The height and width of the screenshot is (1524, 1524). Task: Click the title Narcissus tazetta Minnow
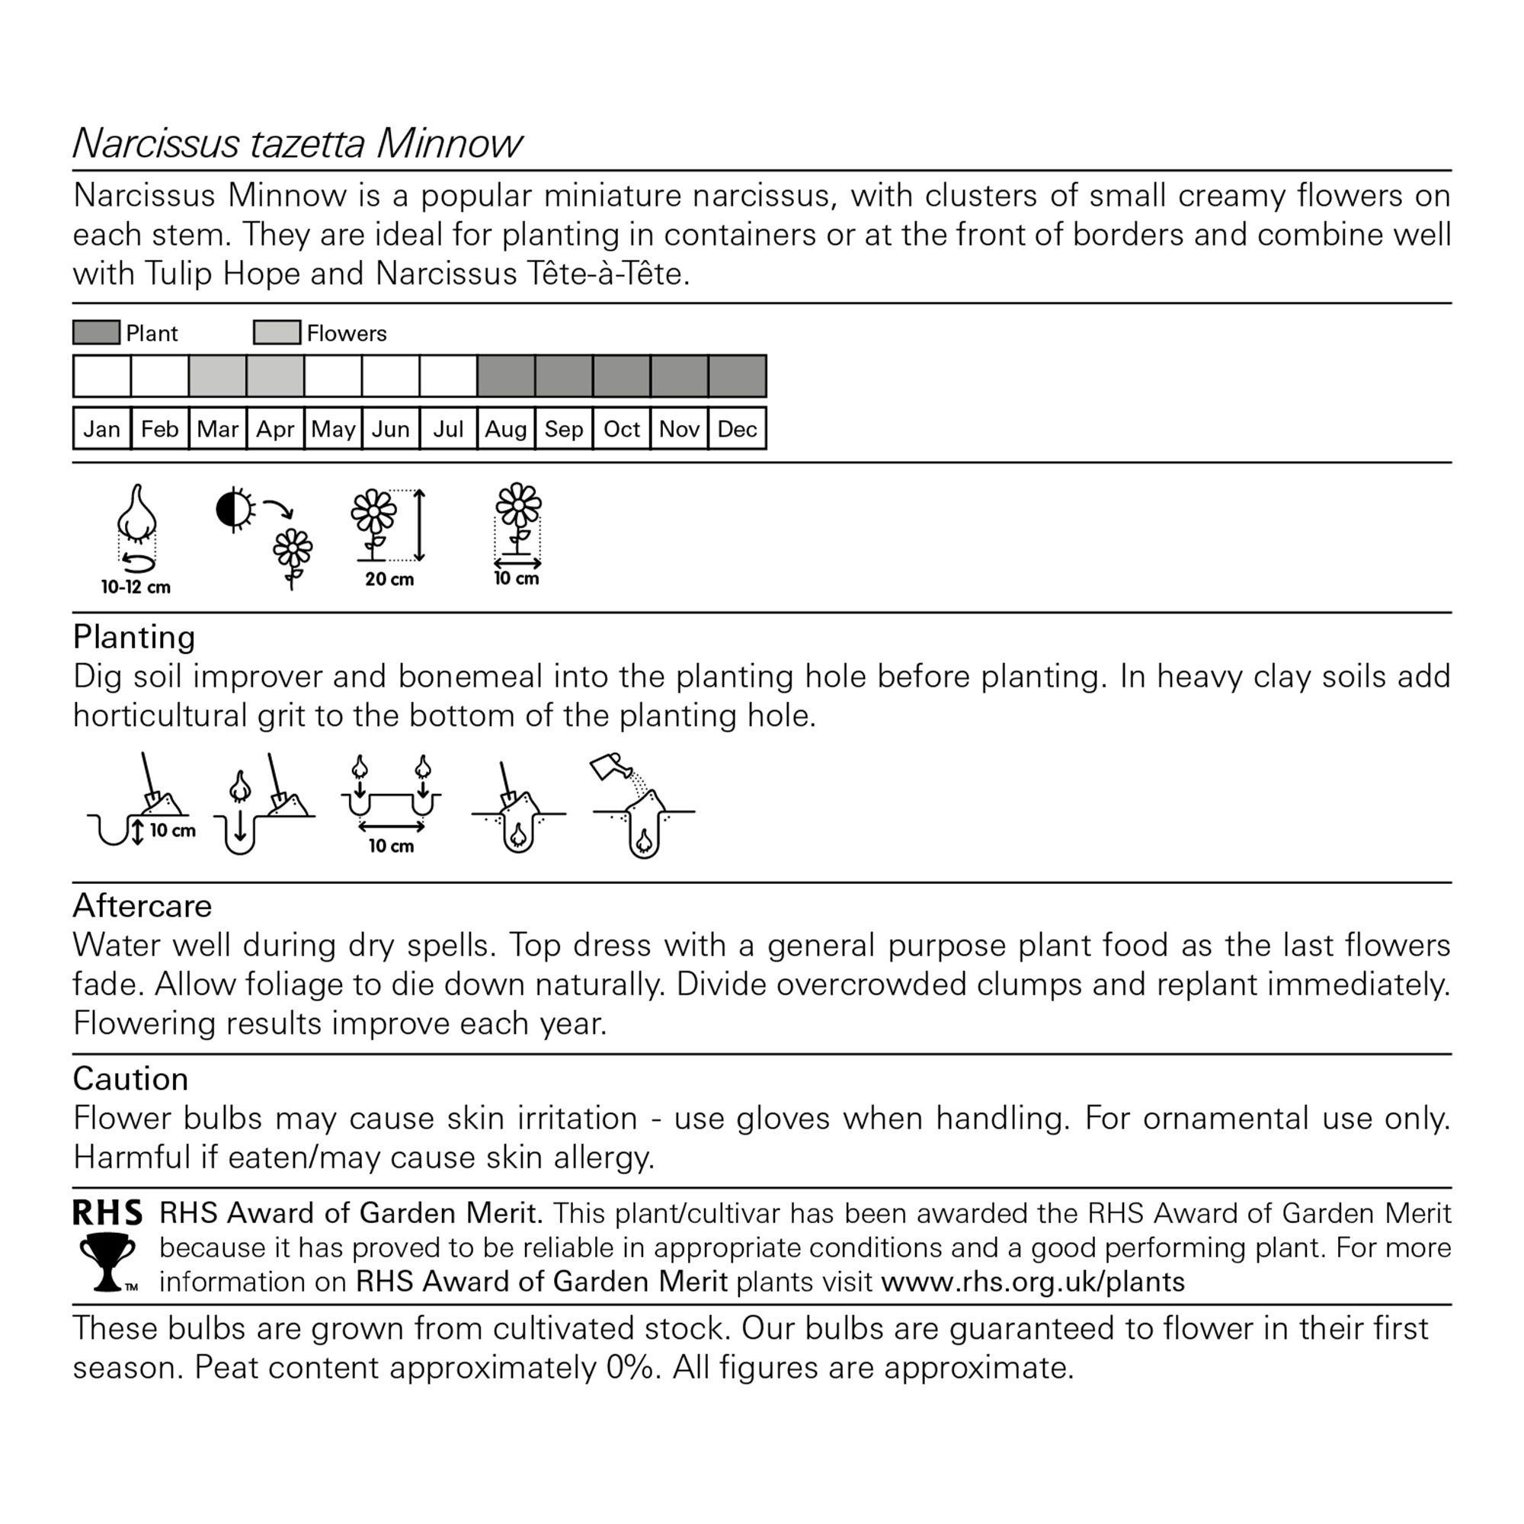(x=296, y=143)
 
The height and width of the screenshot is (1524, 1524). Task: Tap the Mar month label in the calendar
(x=217, y=429)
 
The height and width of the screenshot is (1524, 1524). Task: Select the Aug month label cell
(x=506, y=429)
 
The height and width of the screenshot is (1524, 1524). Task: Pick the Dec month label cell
(x=737, y=429)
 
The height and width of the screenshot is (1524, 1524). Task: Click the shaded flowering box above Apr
(x=275, y=376)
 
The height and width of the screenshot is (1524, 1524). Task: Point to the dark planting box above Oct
(x=622, y=376)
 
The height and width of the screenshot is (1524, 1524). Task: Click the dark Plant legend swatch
(x=96, y=333)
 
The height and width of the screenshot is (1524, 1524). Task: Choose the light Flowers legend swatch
(x=277, y=333)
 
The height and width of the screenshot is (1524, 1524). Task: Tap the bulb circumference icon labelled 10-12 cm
(x=137, y=529)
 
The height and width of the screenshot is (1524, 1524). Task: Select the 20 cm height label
(x=389, y=580)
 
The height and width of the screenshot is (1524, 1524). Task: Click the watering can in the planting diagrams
(x=610, y=765)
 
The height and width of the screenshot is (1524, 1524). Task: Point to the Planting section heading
(x=134, y=637)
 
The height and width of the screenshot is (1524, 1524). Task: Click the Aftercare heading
(x=142, y=906)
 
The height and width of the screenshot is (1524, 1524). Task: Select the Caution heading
(x=130, y=1079)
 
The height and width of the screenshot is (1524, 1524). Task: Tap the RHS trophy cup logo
(x=107, y=1262)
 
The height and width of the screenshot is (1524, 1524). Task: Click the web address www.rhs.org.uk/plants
(x=1033, y=1282)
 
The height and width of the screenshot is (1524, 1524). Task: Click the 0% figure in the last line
(x=631, y=1368)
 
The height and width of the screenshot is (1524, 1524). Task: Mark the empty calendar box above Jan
(x=102, y=376)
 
